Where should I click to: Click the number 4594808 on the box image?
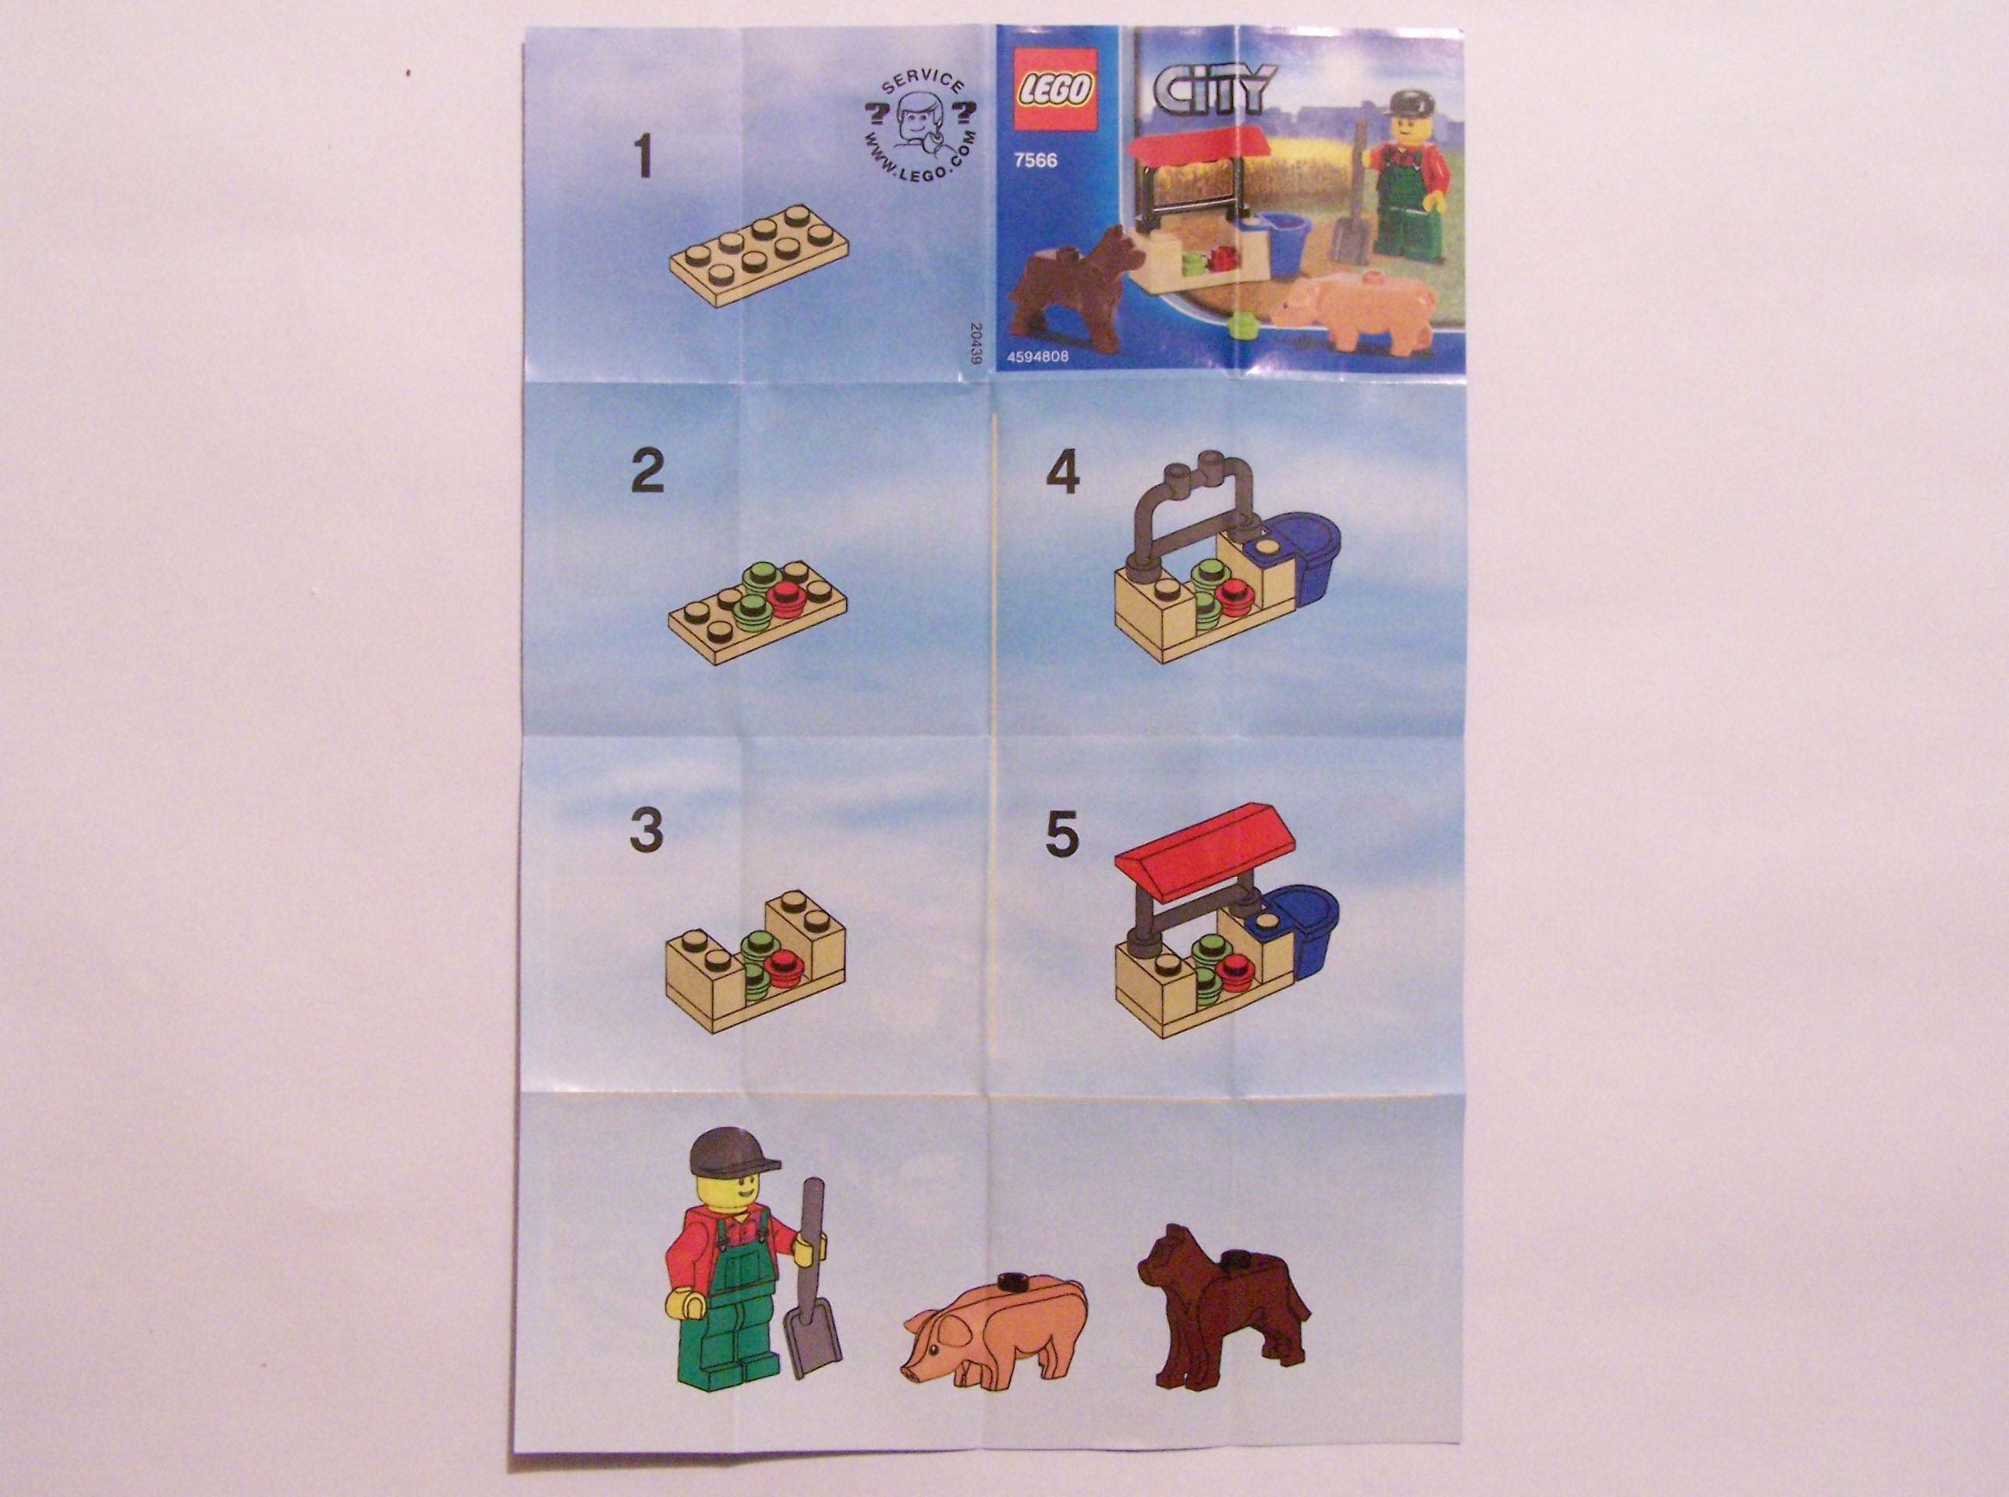[1037, 356]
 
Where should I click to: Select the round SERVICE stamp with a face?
[921, 130]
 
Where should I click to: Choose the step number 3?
[646, 830]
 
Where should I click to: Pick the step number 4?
[1062, 473]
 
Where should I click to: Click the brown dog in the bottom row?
[1222, 1308]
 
